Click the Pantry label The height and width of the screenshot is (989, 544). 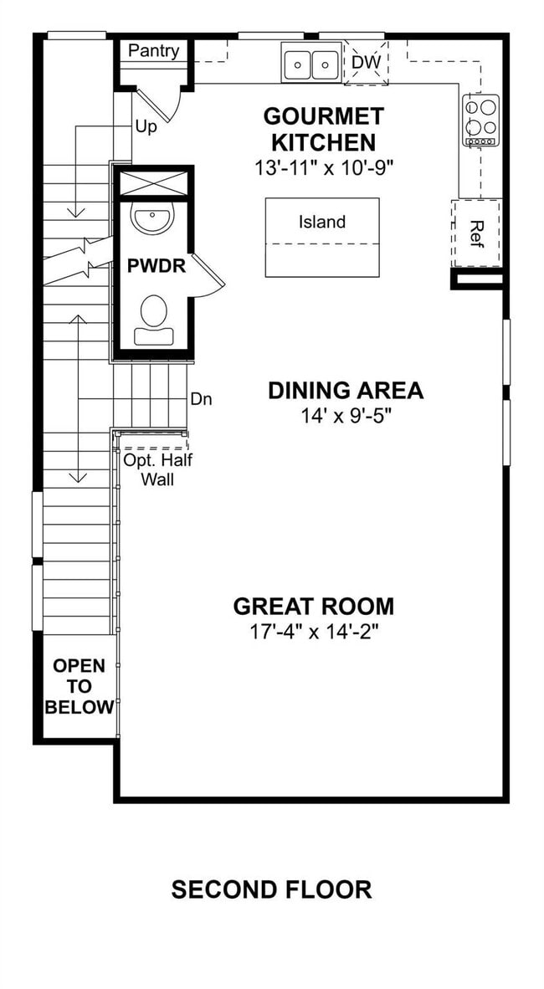[x=153, y=51]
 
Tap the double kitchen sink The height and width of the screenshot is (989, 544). [x=310, y=64]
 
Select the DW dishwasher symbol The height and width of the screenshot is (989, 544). [x=366, y=63]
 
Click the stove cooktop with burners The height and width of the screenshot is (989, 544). [x=482, y=120]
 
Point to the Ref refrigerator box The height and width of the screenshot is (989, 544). [x=477, y=232]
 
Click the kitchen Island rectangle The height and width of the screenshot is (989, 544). [x=322, y=237]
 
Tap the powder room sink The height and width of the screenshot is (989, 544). [x=152, y=219]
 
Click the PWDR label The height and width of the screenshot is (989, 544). [x=156, y=268]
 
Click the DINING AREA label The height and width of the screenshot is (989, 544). [x=345, y=391]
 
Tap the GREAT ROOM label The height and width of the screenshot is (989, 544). [x=313, y=606]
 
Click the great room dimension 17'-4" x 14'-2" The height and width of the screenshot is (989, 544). [x=314, y=632]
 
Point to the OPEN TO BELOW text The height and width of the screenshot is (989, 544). [x=80, y=686]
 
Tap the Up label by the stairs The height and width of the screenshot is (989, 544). [x=146, y=127]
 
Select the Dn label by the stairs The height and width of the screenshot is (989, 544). [x=201, y=400]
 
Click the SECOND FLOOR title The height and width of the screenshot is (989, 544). [x=271, y=889]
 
